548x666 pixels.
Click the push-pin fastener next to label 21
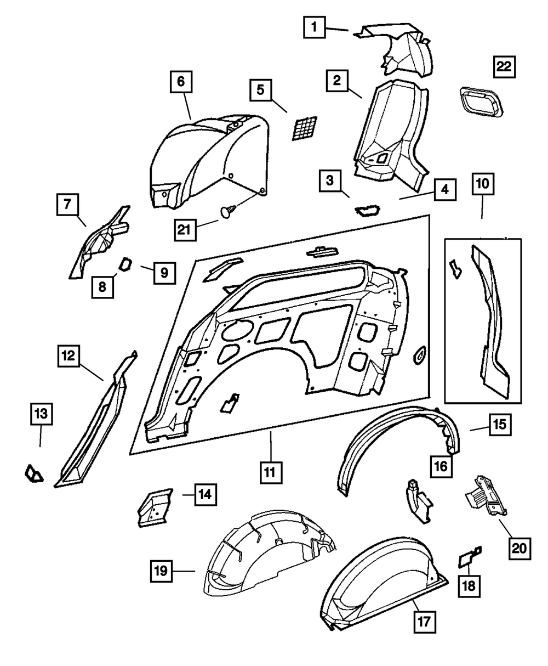coord(229,210)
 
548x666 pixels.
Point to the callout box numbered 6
coord(181,82)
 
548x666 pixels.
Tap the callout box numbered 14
coord(204,494)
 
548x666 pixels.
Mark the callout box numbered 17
coord(425,622)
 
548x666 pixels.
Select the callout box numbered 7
coord(66,205)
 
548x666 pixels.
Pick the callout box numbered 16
coord(442,466)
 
